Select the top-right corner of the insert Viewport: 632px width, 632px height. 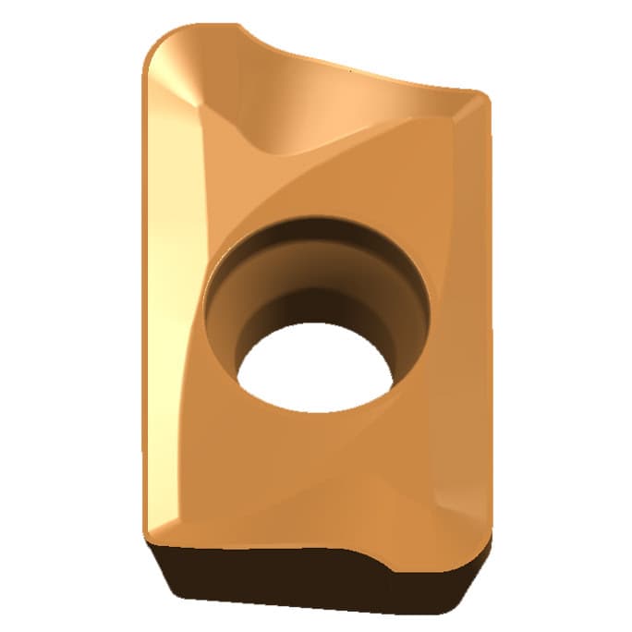(x=480, y=98)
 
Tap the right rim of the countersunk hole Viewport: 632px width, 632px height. (x=425, y=305)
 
